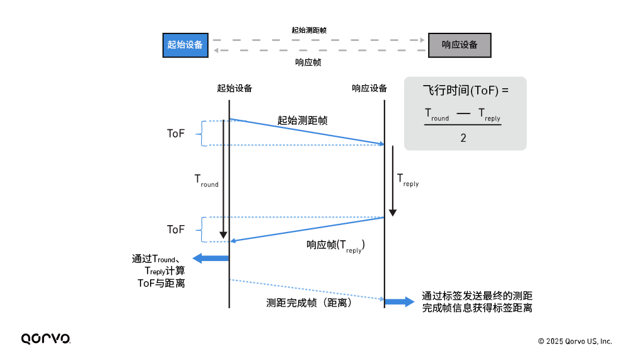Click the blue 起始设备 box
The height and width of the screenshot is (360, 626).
[185, 45]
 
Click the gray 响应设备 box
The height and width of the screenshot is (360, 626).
[460, 45]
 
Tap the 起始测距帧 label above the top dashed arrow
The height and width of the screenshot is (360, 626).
[309, 30]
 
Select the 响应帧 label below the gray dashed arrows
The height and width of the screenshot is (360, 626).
[309, 62]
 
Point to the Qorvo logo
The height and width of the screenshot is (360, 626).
[45, 339]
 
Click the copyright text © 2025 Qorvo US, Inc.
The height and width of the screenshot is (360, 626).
[574, 341]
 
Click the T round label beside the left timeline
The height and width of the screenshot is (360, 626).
[206, 180]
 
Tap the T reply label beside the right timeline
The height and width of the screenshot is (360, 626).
[407, 180]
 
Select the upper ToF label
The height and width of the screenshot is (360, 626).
[176, 133]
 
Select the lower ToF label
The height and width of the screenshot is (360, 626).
[176, 229]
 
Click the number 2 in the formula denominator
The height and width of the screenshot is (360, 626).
[463, 137]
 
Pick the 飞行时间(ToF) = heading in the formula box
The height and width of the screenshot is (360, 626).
[465, 91]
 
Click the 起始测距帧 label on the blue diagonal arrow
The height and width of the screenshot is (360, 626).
[303, 120]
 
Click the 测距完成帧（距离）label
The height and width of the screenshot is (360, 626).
[309, 302]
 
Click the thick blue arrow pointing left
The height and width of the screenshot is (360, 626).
[210, 257]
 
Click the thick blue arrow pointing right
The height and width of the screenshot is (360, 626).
[399, 301]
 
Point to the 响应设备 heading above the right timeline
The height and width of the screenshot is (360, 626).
[369, 88]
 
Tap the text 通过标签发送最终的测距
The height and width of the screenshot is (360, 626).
[477, 296]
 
